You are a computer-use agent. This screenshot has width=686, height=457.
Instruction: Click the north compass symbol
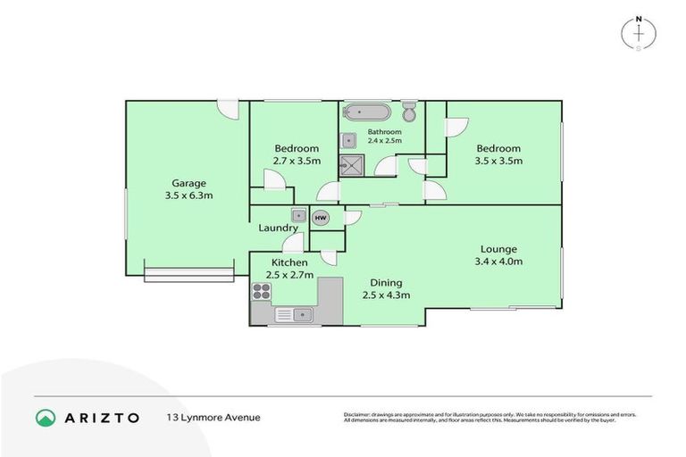point(640,32)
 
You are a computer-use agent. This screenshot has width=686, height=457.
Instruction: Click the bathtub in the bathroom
point(367,113)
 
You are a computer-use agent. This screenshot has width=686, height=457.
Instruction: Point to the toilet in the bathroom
point(410,112)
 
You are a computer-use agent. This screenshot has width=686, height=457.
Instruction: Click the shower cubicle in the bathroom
point(347,164)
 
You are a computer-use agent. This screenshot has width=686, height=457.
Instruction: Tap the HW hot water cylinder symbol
point(321,218)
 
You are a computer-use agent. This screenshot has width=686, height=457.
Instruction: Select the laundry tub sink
point(297,215)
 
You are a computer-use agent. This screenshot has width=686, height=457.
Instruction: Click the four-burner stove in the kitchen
point(262,290)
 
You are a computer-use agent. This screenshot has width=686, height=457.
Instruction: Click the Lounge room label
point(498,249)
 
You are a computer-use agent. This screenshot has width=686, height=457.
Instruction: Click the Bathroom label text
point(385,132)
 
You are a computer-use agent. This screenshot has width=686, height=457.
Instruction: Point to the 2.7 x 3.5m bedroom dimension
point(297,161)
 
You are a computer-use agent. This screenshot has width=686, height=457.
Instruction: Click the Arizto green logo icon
point(45,417)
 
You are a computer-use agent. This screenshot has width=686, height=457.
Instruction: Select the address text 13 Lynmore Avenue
point(213,417)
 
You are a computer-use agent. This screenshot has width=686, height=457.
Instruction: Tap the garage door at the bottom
point(188,274)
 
